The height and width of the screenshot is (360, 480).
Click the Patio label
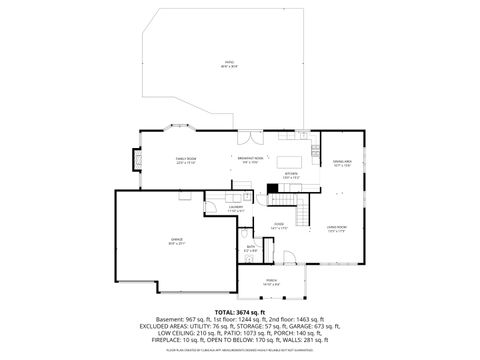click(229, 64)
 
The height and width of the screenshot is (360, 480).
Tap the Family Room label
click(186, 160)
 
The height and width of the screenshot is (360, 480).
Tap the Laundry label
click(236, 209)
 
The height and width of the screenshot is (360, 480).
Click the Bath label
click(251, 247)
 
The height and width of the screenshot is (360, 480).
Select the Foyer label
click(279, 226)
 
